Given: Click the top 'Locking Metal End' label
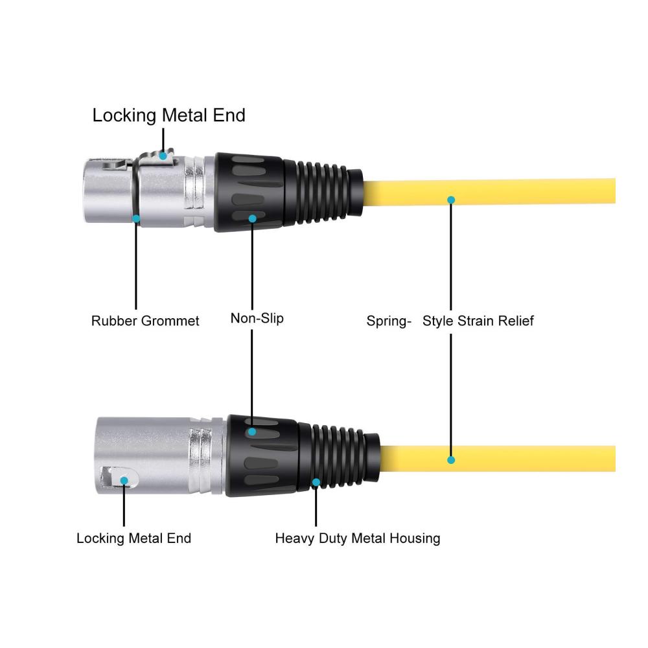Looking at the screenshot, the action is tap(168, 115).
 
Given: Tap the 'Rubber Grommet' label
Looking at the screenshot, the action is tap(145, 321).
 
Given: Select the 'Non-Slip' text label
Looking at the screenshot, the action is tap(257, 318).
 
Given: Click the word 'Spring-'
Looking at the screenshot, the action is tap(389, 321).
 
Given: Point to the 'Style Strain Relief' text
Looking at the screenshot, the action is tap(478, 321).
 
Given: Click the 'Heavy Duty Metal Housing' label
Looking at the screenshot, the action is tap(358, 538).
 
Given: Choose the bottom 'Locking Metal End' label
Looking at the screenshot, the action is tap(134, 538).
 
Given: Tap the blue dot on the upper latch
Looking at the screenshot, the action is tap(163, 156).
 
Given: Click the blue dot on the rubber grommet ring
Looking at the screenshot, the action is tap(136, 218).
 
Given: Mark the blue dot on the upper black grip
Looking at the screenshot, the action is tap(253, 218).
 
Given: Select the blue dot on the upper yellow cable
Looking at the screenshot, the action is tap(451, 200).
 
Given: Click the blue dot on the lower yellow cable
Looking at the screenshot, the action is tap(451, 459).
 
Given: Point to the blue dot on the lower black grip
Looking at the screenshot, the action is tap(252, 432).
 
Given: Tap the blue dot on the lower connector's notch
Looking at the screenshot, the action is tap(124, 481).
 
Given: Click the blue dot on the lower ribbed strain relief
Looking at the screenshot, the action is tap(316, 482).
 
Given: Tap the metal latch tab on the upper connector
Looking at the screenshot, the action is tap(157, 159).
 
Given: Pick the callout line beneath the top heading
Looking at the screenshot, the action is tap(163, 141).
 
